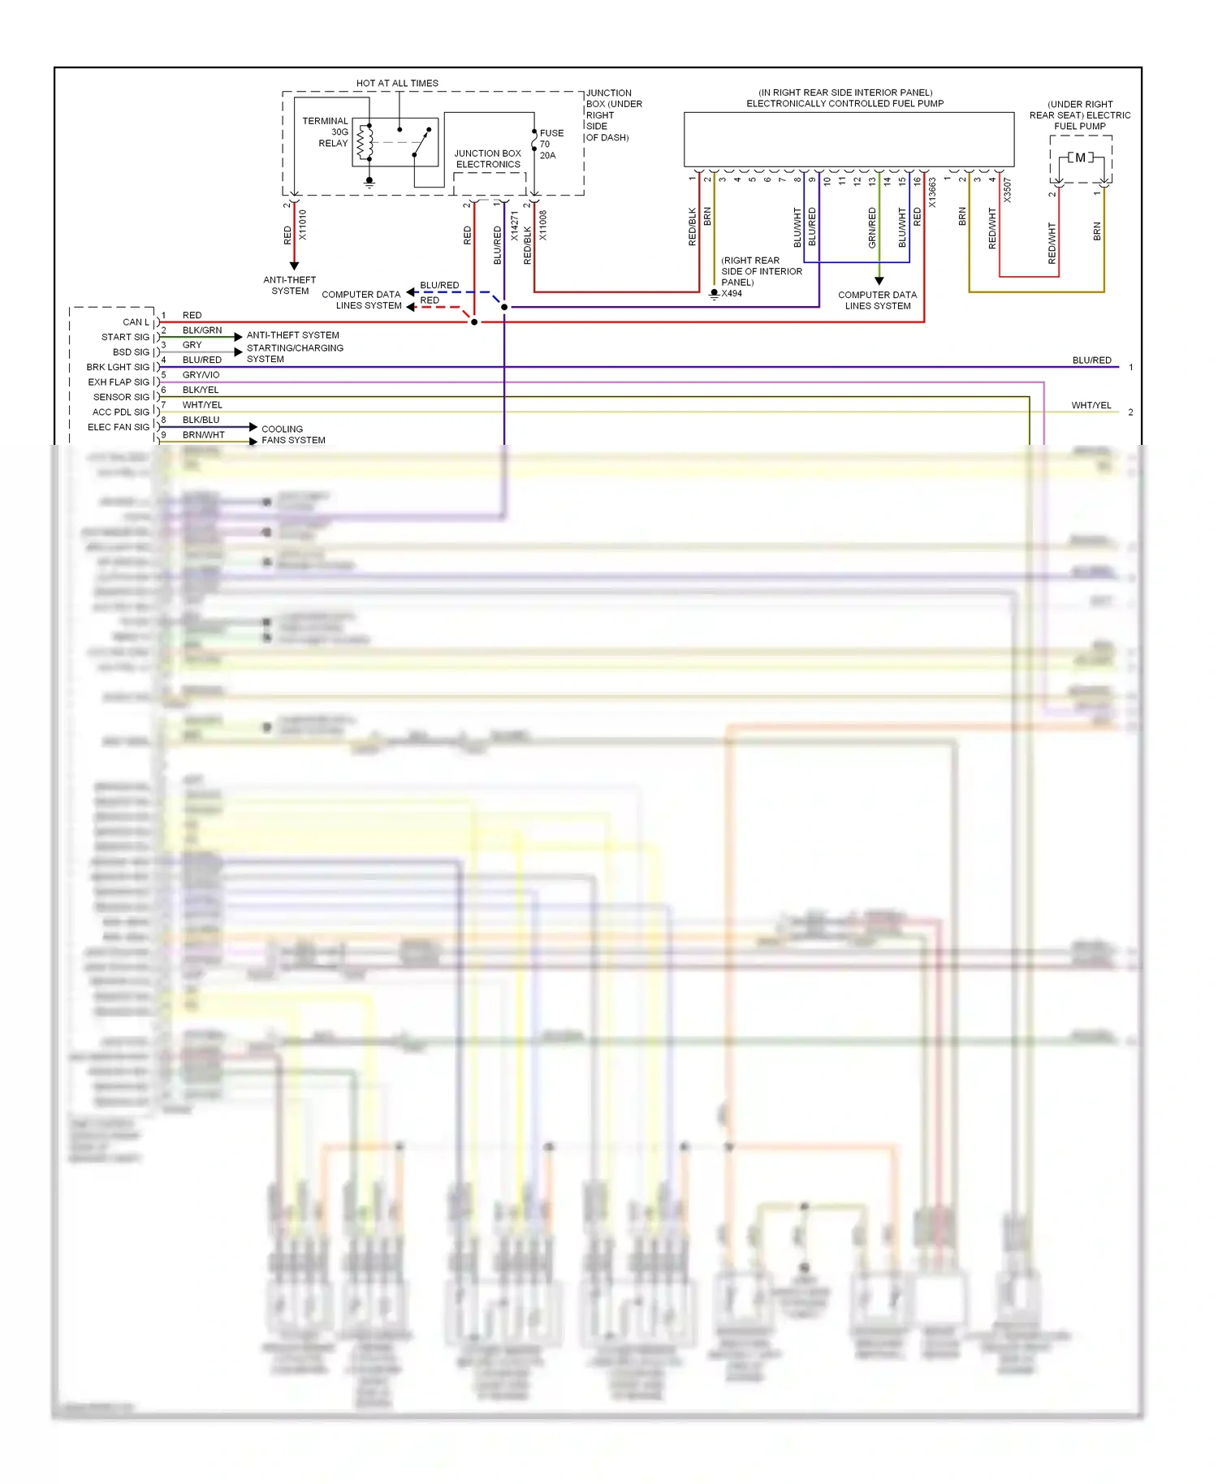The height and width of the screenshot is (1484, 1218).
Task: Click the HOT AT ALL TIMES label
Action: click(397, 83)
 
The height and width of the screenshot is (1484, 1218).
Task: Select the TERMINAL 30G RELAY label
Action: click(326, 132)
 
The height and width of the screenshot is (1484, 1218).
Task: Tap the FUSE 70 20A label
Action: click(551, 144)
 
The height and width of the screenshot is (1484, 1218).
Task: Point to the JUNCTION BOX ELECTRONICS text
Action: click(487, 158)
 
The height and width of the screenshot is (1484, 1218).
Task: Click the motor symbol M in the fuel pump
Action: click(1080, 157)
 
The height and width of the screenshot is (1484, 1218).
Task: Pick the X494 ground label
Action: click(731, 293)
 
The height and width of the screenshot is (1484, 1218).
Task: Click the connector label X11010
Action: click(303, 224)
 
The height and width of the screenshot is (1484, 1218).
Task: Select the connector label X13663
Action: click(932, 193)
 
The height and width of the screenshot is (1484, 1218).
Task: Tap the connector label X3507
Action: click(1007, 190)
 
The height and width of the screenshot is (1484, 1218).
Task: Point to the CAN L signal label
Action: click(136, 322)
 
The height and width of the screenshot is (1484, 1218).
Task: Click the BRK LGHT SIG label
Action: click(118, 367)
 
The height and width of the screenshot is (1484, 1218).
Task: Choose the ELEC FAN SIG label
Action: click(119, 427)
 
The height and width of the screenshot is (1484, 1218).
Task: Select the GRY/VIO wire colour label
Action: click(201, 375)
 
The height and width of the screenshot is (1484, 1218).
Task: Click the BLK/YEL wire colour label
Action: click(201, 390)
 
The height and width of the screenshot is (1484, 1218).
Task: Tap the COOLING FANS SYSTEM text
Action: click(293, 434)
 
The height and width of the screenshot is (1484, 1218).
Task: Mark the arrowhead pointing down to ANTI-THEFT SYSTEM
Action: click(294, 265)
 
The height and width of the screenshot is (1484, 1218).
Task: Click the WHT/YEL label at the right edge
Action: click(1091, 405)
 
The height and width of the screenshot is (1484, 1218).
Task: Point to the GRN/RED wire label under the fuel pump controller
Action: click(872, 227)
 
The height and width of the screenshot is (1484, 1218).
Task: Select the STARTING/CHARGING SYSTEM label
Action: click(295, 353)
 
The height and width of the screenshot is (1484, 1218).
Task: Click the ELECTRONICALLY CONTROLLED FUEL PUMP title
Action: click(844, 103)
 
